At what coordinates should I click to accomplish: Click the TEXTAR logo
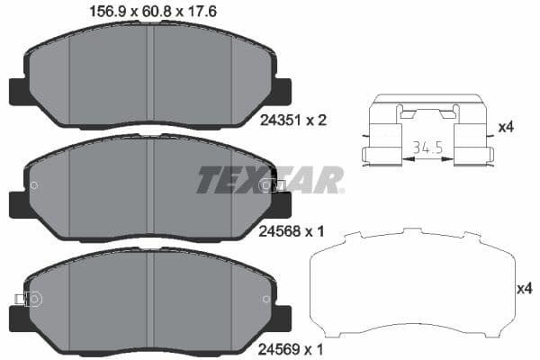click(x=270, y=180)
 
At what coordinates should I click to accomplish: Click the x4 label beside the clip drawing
click(x=507, y=128)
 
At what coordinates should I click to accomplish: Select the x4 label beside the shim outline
click(x=523, y=289)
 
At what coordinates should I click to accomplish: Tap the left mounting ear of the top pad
click(x=18, y=91)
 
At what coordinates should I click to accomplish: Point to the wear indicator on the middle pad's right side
click(x=275, y=185)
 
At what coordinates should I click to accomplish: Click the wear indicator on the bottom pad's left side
click(x=20, y=299)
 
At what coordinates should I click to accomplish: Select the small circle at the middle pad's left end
click(x=33, y=186)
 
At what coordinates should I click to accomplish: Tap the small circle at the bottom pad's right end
click(x=265, y=299)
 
